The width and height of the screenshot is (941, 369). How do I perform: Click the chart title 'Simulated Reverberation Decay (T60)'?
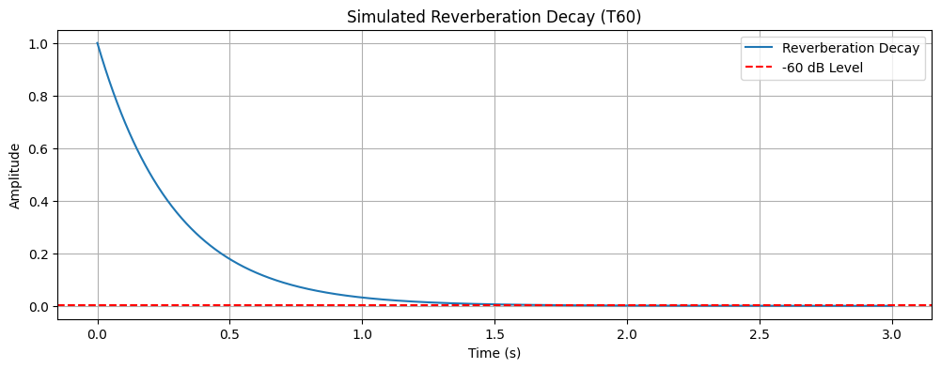click(494, 17)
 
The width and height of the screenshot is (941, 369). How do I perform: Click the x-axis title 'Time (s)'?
click(494, 354)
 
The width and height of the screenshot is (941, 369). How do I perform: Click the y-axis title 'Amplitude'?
click(15, 176)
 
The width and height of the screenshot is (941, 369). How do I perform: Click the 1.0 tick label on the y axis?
click(39, 44)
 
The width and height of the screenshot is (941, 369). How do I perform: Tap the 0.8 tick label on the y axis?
click(39, 97)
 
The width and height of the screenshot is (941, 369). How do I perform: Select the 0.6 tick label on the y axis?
click(39, 149)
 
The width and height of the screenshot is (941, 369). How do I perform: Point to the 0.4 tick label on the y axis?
click(39, 202)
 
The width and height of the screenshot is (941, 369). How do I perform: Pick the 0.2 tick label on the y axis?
click(39, 254)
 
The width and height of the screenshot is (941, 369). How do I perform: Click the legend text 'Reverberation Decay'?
click(850, 49)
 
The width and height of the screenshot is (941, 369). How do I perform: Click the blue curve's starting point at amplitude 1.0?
click(97, 43)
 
